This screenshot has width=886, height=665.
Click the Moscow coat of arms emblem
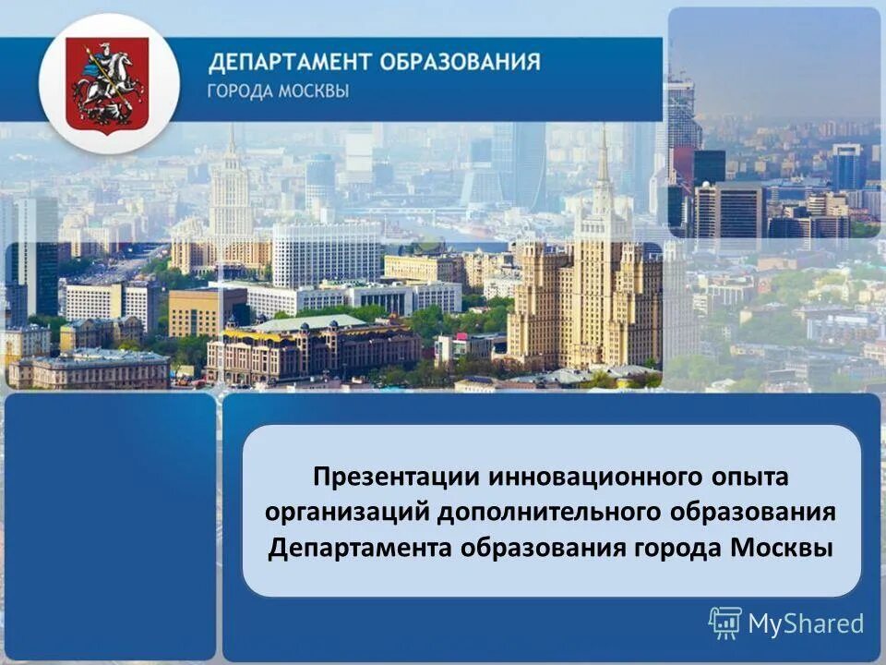pyautogui.click(x=109, y=83)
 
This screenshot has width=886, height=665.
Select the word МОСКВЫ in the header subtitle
pyautogui.click(x=316, y=92)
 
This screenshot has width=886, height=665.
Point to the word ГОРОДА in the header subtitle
pyautogui.click(x=240, y=92)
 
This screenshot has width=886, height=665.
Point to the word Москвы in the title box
pyautogui.click(x=781, y=547)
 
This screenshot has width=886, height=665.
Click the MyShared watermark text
pyautogui.click(x=805, y=624)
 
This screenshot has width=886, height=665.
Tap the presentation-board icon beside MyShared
pyautogui.click(x=724, y=623)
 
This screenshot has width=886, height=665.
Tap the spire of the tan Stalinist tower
pyautogui.click(x=603, y=157)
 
